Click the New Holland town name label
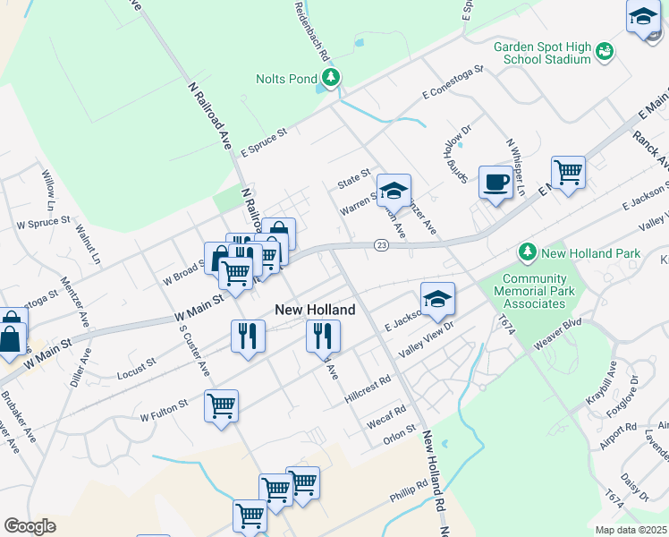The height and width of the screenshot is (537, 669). [315, 310]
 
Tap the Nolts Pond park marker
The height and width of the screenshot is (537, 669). [332, 78]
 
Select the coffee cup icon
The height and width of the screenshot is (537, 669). [495, 183]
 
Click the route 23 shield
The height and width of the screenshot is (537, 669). [381, 246]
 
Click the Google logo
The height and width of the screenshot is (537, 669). [30, 526]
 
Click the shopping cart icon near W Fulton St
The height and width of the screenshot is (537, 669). [220, 405]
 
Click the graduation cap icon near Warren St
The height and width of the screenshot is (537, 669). [393, 190]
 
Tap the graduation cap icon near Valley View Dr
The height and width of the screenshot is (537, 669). [437, 299]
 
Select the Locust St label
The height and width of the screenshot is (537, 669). [137, 369]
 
